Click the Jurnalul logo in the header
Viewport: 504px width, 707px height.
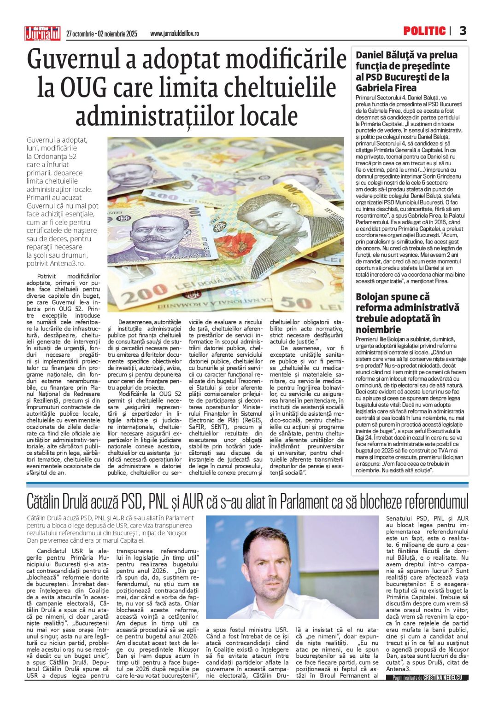point(42,33)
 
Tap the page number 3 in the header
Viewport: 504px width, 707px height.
point(463,31)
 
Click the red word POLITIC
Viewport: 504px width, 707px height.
point(424,31)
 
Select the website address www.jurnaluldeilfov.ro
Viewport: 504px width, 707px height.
point(175,34)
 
